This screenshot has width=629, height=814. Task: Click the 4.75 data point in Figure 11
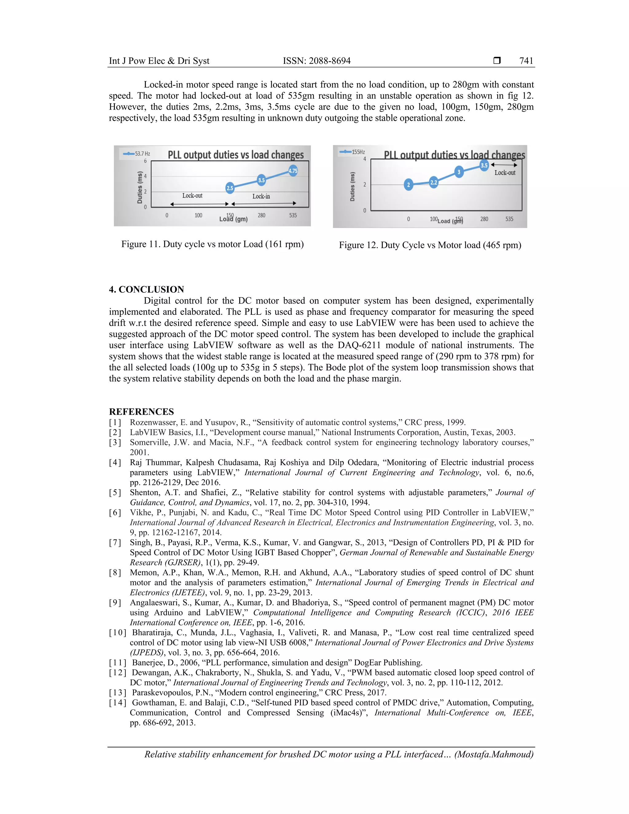point(293,171)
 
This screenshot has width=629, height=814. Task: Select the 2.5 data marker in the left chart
point(230,188)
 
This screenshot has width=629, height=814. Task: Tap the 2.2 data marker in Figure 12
point(434,182)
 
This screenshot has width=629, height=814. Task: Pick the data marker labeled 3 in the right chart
point(459,172)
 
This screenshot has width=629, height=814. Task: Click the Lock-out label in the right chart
point(505,173)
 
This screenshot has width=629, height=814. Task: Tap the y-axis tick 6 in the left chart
point(145,161)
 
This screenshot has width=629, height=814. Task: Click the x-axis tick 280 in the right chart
point(484,219)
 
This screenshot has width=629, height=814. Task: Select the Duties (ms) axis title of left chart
point(140,187)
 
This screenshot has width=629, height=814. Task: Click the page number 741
point(526,61)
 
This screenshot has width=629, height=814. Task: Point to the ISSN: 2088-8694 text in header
point(316,61)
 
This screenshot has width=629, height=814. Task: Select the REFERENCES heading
point(141,412)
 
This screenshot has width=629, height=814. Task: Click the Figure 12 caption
point(430,245)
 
